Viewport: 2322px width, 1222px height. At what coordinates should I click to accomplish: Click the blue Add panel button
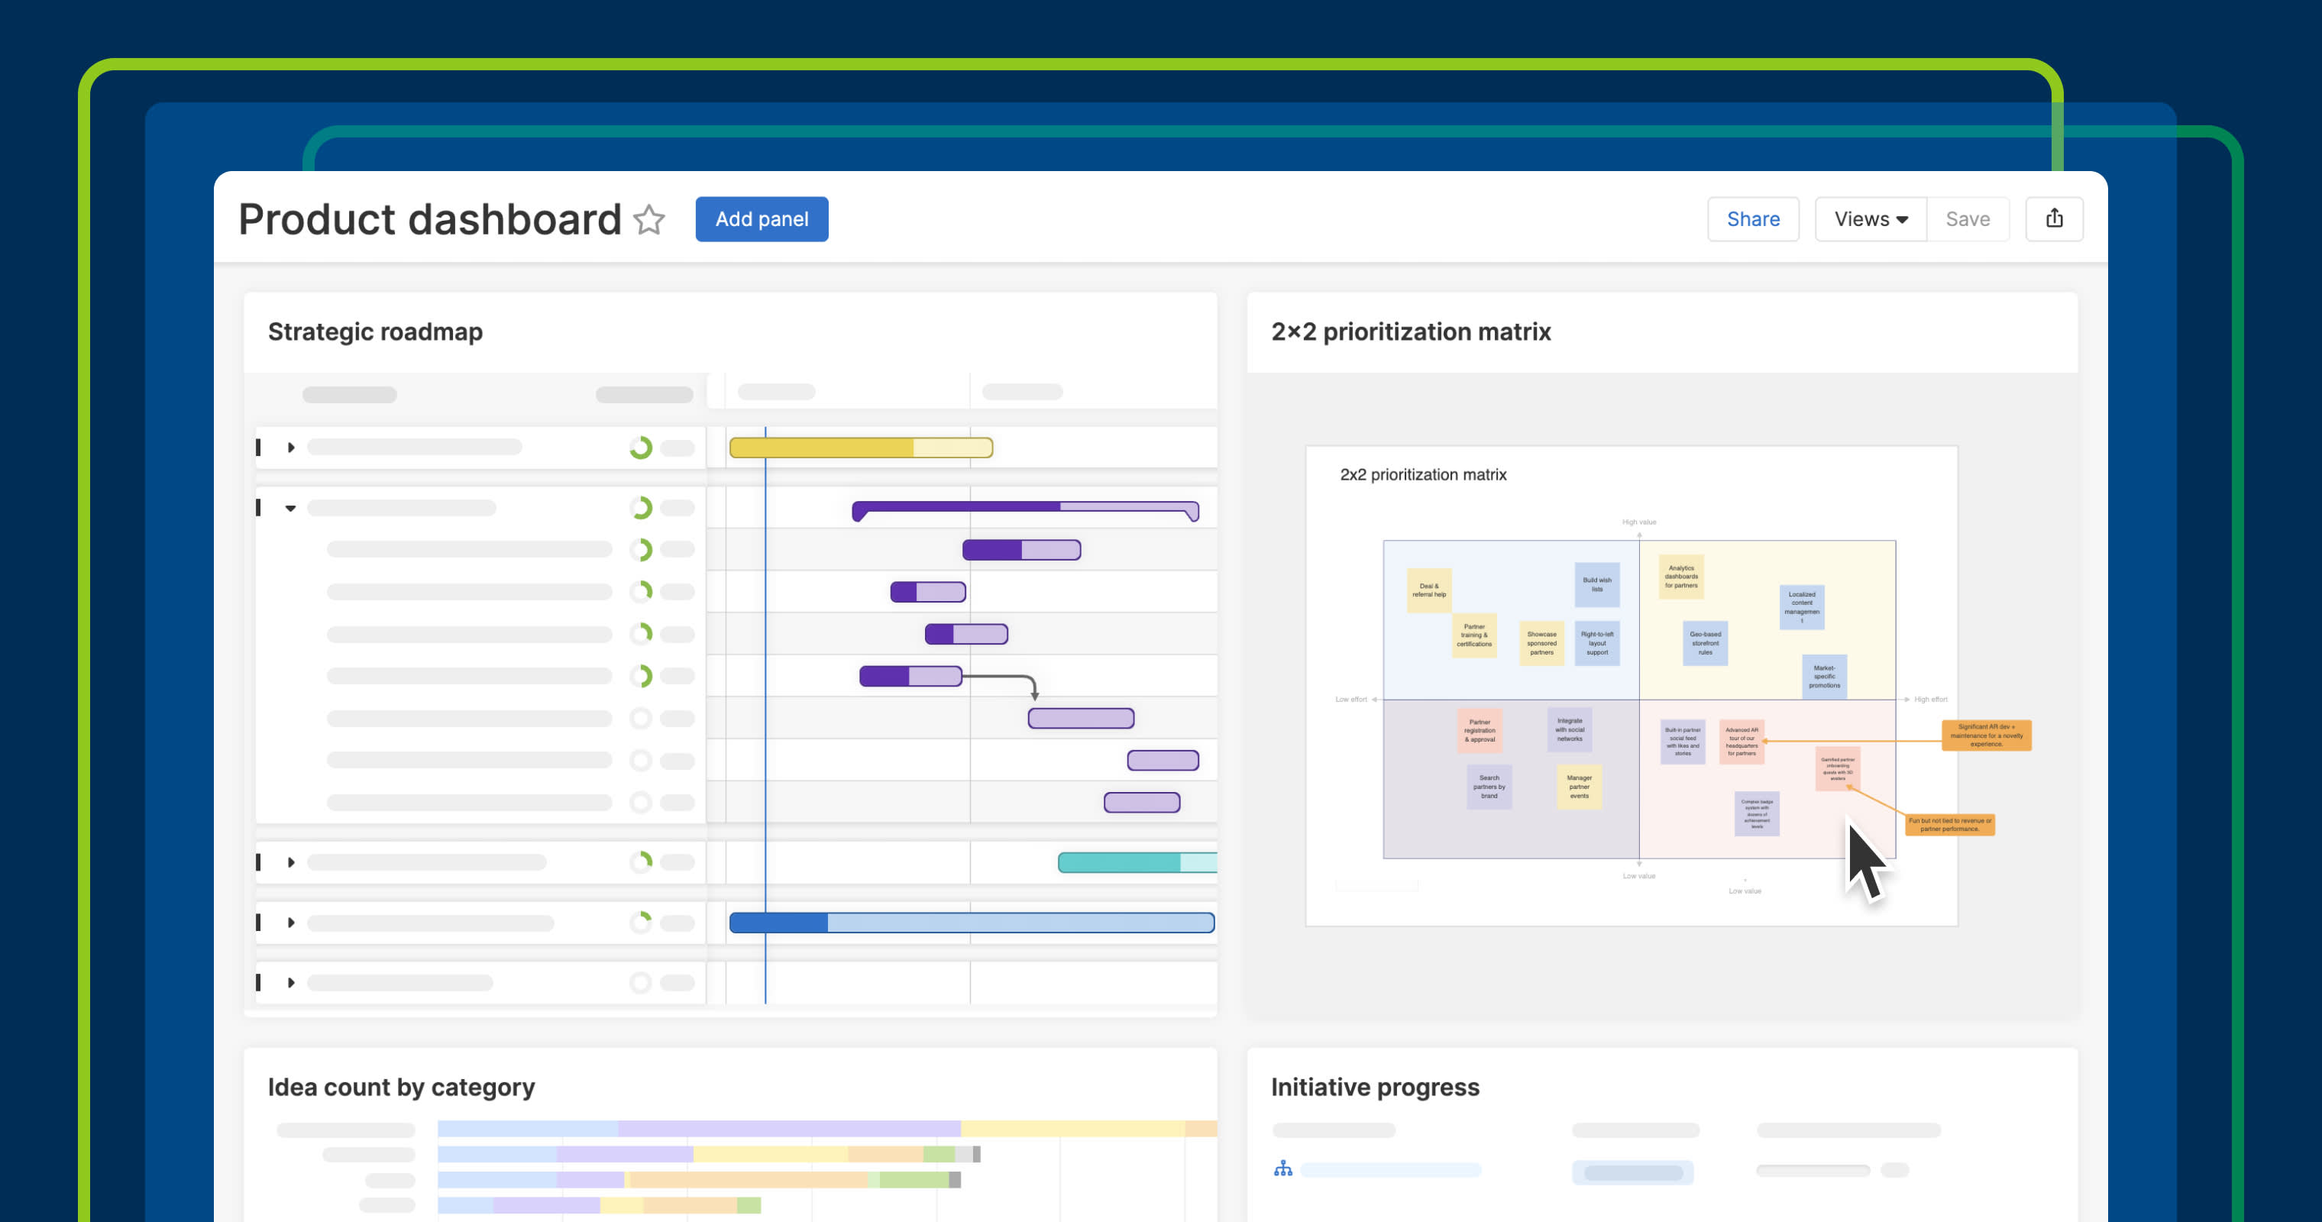[761, 219]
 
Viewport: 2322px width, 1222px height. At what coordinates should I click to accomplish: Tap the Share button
[1752, 219]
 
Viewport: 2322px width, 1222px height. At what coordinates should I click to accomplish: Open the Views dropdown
[1871, 219]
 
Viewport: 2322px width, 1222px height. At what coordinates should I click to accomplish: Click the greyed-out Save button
[1967, 219]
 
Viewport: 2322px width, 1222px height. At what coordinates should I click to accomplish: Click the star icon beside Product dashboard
[649, 220]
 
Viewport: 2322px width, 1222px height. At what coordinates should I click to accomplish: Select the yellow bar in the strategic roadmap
[860, 448]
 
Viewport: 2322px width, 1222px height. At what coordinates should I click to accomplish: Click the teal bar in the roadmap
[1136, 862]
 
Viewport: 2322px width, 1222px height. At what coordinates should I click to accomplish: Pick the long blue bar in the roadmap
[971, 923]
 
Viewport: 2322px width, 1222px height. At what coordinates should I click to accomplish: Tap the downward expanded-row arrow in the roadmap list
[290, 508]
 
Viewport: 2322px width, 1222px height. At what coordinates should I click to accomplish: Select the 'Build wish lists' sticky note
[1596, 585]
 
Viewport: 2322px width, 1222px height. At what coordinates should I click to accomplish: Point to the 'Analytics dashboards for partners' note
[1681, 577]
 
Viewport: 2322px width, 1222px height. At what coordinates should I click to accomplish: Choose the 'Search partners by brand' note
[1489, 787]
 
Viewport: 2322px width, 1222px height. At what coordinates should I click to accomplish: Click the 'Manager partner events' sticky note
[1580, 787]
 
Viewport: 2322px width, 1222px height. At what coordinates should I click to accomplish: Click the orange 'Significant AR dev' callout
[1986, 735]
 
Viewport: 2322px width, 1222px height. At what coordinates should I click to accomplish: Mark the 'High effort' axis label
[1930, 700]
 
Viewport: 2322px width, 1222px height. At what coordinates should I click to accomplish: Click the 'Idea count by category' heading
[401, 1087]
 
